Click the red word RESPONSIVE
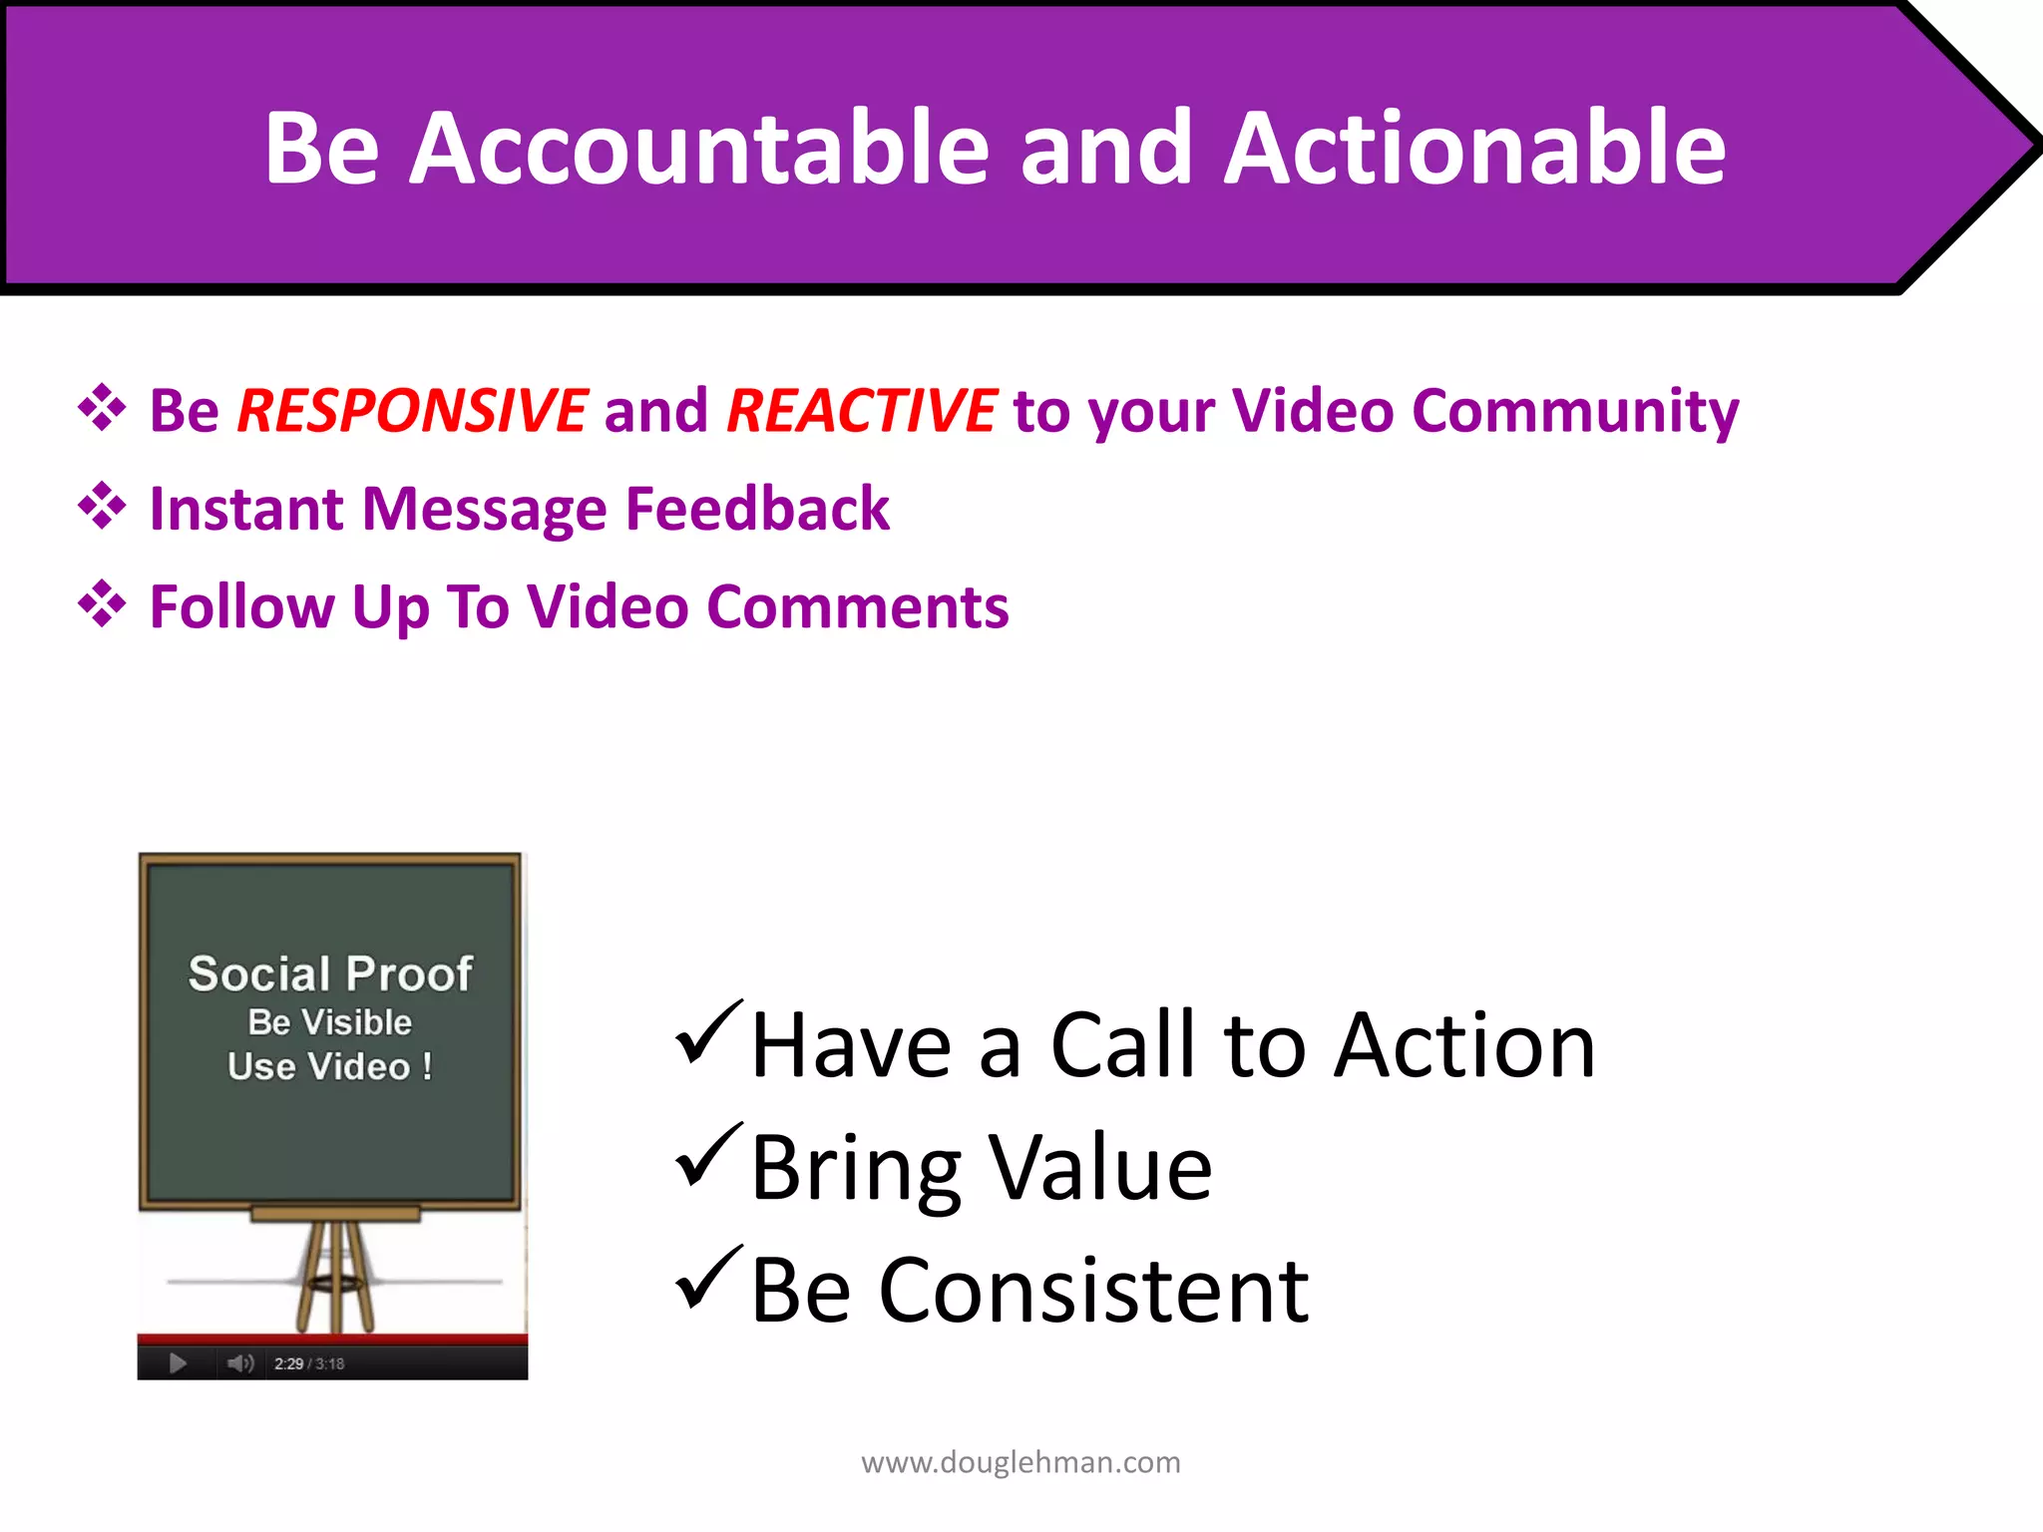412,410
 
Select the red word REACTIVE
861,410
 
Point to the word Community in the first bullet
1575,410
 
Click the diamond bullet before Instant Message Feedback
102,506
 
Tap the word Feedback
757,509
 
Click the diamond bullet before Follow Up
102,603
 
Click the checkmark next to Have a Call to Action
707,1033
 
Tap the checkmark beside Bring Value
707,1156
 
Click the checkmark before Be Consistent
707,1279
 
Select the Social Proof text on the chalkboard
330,973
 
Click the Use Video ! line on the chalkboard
330,1066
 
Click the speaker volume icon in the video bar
240,1363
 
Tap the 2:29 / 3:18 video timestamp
309,1363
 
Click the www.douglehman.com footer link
1021,1462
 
